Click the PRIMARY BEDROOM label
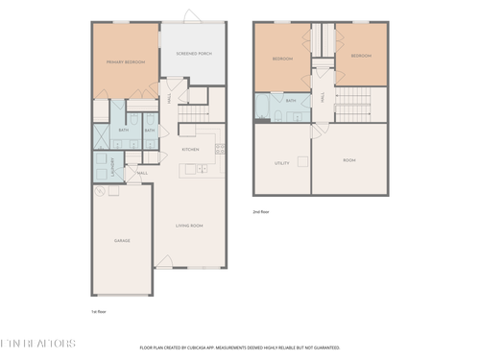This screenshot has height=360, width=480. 125,61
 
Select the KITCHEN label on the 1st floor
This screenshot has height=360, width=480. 191,150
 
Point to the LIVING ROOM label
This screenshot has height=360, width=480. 188,226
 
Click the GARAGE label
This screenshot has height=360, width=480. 122,240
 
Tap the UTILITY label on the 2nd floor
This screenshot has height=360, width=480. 282,163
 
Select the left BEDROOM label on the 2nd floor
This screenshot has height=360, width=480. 282,58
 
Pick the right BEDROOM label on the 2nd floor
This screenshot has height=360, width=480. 361,57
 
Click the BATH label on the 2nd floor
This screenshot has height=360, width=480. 291,100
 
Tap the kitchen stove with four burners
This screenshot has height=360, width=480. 220,148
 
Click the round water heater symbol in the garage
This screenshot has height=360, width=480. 98,190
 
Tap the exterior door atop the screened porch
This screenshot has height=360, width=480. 192,16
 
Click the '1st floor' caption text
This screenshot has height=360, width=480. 97,312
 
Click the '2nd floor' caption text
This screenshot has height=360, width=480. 260,210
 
